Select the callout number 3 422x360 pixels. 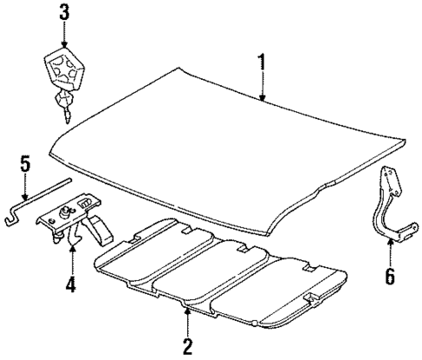click(x=63, y=13)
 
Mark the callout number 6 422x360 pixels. click(x=389, y=277)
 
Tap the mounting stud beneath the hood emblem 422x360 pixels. click(x=63, y=108)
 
